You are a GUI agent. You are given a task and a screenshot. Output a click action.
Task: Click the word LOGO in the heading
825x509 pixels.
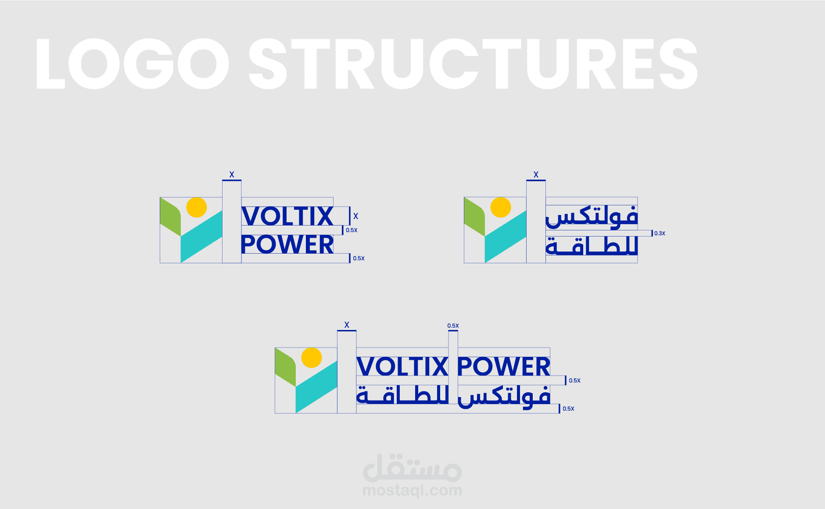(132, 64)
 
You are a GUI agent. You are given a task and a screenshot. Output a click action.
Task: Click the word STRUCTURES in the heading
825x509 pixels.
(473, 64)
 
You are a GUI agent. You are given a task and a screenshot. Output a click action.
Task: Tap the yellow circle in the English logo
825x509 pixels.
(196, 207)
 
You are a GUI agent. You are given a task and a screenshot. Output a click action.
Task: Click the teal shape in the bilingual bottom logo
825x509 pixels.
(316, 386)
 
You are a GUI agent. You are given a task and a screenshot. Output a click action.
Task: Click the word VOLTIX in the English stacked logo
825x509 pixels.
(287, 216)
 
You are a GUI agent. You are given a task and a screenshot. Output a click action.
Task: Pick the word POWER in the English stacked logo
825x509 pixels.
(287, 244)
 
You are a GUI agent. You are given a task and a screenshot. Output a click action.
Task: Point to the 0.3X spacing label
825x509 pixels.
(660, 233)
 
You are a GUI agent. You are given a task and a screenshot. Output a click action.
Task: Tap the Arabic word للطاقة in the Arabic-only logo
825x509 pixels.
(592, 246)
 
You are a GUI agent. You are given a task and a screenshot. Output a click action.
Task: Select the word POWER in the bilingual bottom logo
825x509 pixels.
(504, 366)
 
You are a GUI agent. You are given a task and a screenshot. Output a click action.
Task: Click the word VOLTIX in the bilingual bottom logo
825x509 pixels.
(402, 366)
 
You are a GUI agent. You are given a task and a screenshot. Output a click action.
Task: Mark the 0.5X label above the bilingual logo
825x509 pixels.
(453, 326)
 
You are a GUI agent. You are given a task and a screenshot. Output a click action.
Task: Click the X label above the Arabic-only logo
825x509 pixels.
(536, 175)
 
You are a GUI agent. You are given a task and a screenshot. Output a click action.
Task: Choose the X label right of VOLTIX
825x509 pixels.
(355, 216)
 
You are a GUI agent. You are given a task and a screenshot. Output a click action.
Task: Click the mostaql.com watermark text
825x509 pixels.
(412, 490)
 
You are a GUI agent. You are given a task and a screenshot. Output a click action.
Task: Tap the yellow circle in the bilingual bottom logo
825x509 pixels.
(312, 358)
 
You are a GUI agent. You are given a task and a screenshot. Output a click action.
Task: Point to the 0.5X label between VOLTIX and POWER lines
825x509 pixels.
(352, 230)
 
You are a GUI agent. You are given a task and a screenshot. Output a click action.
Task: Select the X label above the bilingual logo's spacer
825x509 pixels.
(347, 325)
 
